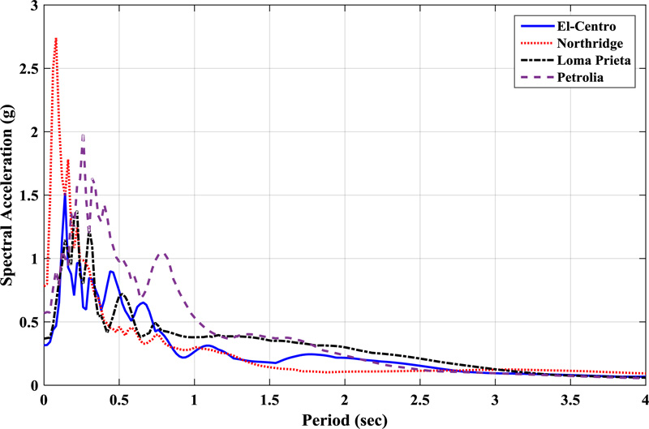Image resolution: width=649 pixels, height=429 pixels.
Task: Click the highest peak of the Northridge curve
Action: (x=55, y=38)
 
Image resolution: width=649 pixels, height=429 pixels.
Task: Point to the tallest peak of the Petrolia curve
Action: (x=83, y=135)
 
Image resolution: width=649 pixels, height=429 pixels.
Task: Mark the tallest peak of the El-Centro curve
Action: (x=65, y=195)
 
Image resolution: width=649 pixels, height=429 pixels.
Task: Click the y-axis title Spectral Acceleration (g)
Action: (x=11, y=195)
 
